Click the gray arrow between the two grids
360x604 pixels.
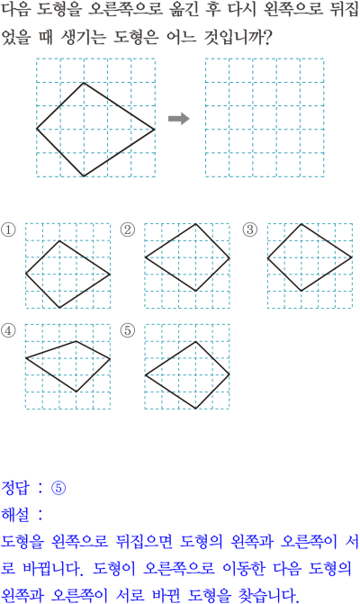(179, 119)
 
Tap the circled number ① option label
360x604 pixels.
(8, 230)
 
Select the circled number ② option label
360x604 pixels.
(128, 230)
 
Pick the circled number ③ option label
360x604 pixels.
(250, 230)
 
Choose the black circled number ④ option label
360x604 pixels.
(8, 330)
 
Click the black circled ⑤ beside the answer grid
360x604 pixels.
(128, 330)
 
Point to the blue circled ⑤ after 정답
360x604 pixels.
(58, 488)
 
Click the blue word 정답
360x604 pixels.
(15, 488)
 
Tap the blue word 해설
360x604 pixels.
(15, 514)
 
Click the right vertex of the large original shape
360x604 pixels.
(155, 130)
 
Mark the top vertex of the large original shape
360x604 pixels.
(84, 83)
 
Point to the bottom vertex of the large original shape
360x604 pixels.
(84, 176)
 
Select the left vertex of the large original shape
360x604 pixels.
(37, 129)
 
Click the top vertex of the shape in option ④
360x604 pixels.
(76, 341)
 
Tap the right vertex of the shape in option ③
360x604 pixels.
(352, 257)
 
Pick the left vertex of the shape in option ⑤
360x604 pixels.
(145, 375)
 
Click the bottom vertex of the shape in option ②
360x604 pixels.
(196, 291)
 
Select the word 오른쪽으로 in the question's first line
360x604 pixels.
(125, 10)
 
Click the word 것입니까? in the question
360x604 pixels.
(238, 38)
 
